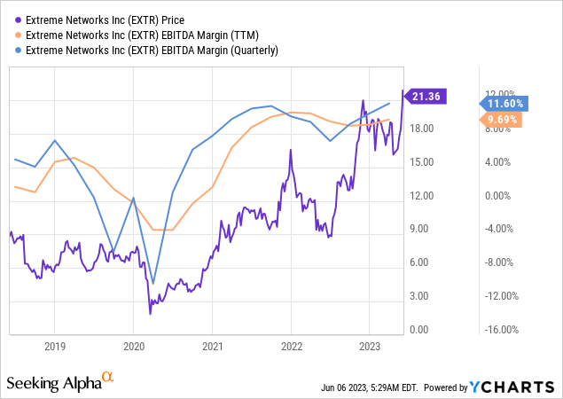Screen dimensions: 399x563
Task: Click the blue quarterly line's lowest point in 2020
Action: pyautogui.click(x=152, y=285)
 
